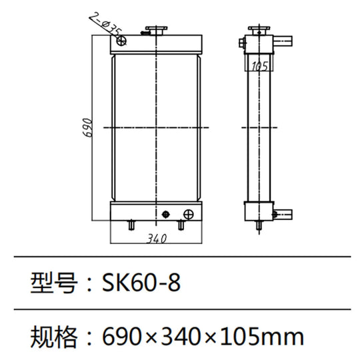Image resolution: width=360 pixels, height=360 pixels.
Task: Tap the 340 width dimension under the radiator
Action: tap(156, 237)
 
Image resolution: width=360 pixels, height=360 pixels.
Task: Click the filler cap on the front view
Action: tap(157, 31)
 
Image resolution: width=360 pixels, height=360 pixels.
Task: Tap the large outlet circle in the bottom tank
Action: tap(189, 214)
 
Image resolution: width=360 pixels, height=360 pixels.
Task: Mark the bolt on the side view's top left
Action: tap(241, 45)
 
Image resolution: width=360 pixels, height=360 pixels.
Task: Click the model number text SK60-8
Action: tap(141, 283)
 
